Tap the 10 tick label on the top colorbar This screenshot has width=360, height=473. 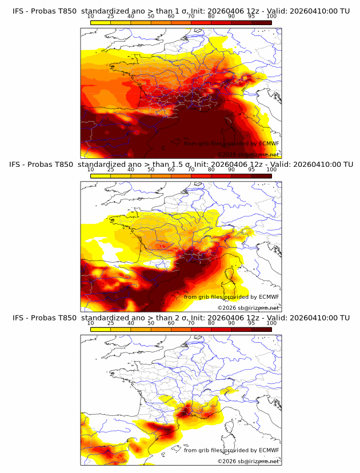coord(91,16)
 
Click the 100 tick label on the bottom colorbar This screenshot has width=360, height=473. coord(271,323)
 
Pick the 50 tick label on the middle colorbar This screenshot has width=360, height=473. coord(151,170)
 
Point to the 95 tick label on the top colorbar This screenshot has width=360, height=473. coord(251,16)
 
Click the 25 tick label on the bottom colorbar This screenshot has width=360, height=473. coord(111,323)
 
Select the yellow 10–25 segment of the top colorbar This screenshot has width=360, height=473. coord(101,23)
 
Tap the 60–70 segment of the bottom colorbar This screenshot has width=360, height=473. coord(181,330)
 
